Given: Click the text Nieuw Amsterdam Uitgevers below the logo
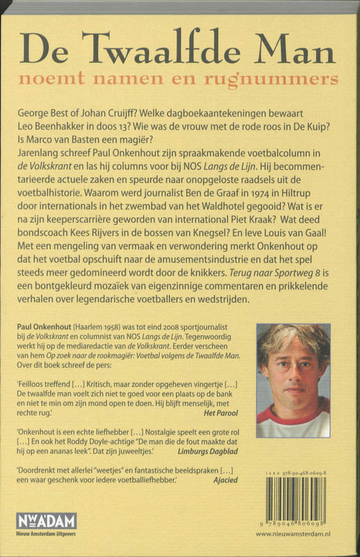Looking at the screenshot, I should [x=52, y=533].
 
